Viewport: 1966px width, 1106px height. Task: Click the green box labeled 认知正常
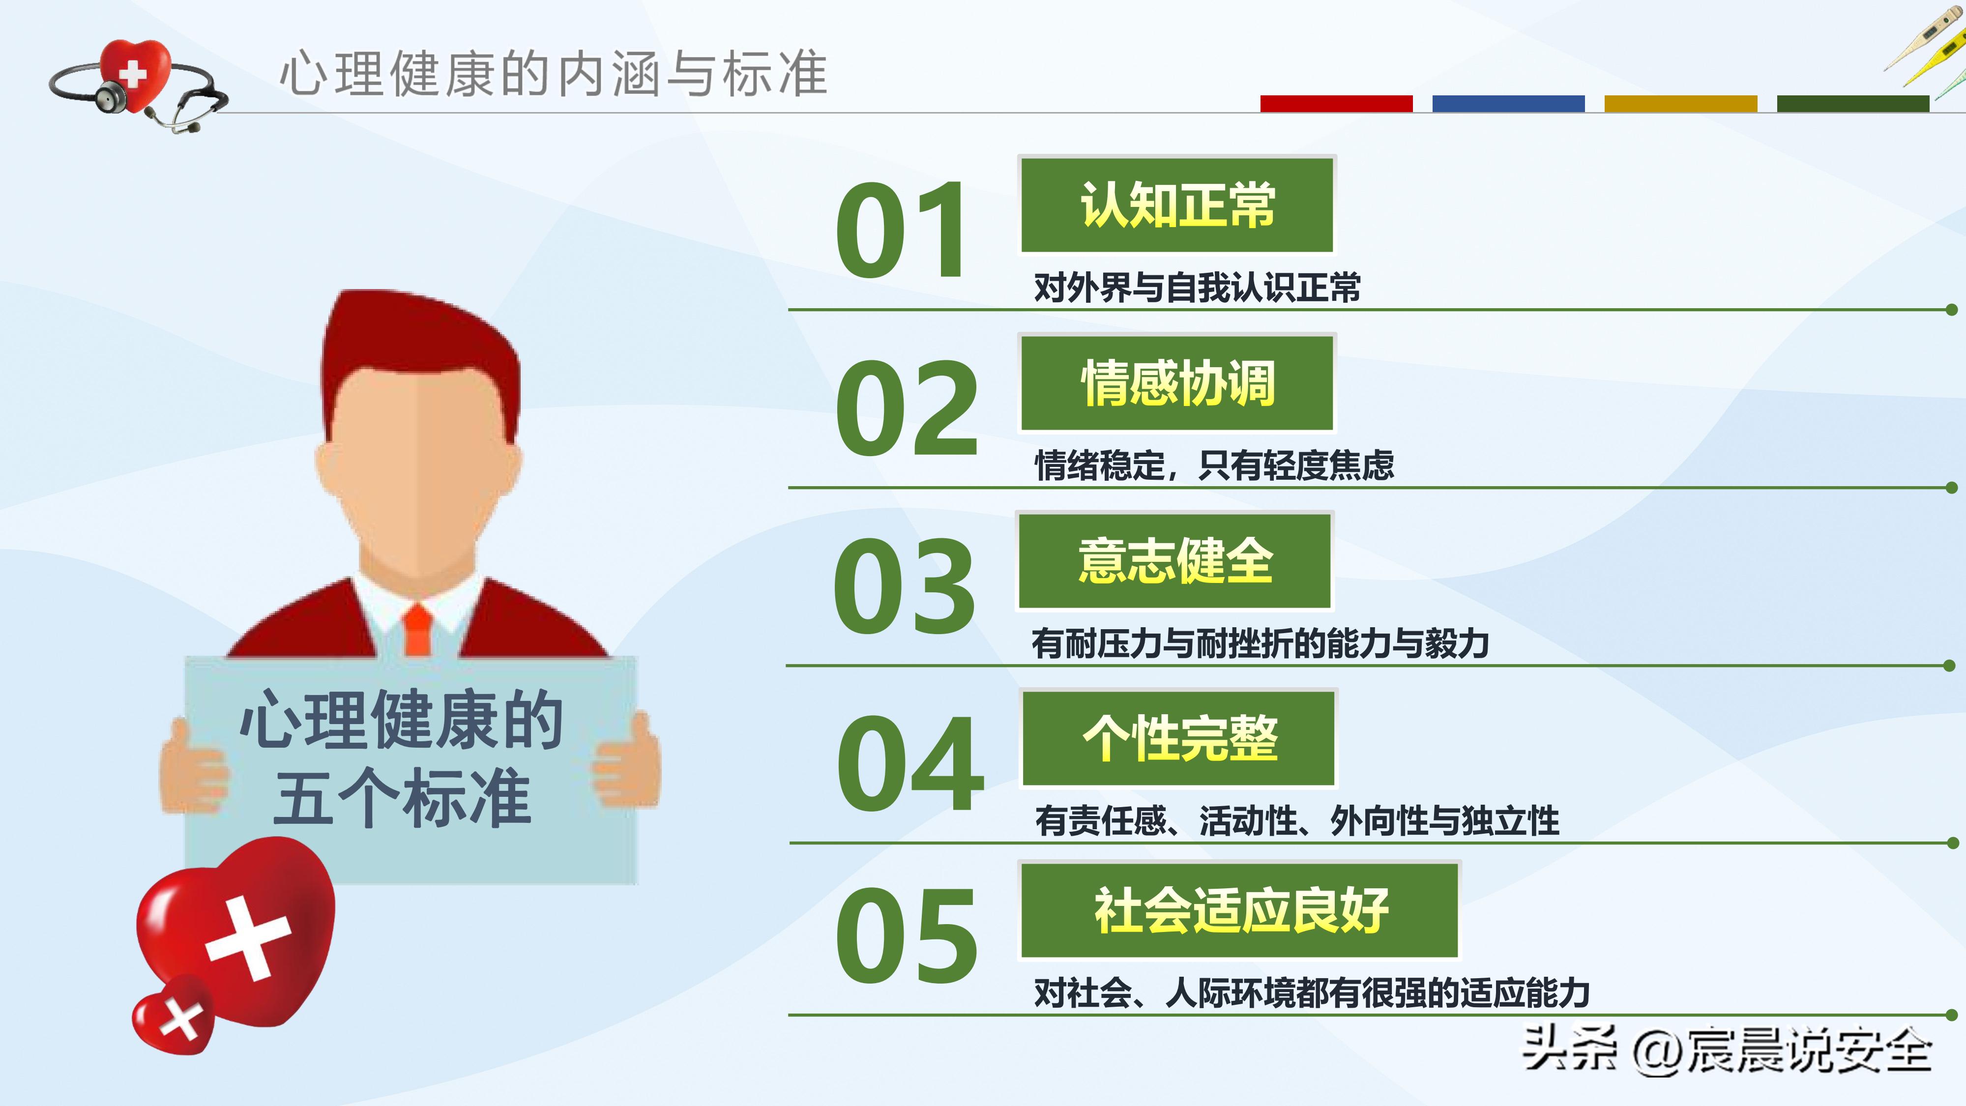coord(1177,204)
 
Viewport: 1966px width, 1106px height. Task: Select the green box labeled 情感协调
coord(1177,382)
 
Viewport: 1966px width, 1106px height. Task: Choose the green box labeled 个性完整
coord(1179,737)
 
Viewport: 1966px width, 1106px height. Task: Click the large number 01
coord(901,229)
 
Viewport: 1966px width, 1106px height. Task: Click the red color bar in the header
coord(1336,104)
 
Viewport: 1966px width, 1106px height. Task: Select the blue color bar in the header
coord(1508,104)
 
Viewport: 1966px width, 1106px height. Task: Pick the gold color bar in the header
coord(1680,104)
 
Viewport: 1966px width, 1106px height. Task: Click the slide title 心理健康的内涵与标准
coord(553,74)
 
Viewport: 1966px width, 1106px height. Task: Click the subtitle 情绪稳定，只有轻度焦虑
coord(1213,466)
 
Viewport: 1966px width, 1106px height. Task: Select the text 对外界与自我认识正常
coord(1197,288)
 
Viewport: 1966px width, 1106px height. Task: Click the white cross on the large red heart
coord(248,939)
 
